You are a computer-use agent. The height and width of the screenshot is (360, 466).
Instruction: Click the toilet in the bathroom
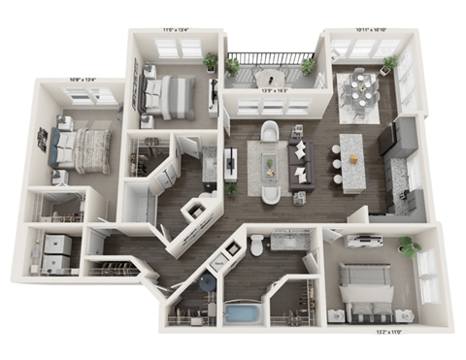(257, 246)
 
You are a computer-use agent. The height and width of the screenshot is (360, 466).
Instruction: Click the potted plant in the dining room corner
(390, 65)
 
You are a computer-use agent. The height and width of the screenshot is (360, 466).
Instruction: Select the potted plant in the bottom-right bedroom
(409, 246)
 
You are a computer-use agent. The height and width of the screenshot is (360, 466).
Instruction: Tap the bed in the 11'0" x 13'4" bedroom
(171, 94)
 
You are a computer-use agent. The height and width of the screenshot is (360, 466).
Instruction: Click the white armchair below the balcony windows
(271, 131)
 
